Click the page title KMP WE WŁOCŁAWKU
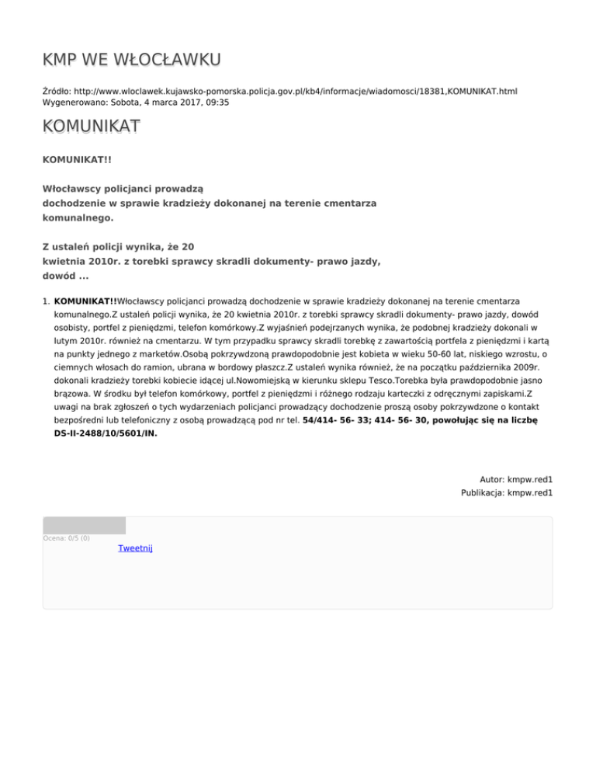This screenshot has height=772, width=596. (132, 60)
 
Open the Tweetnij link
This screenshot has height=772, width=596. (135, 548)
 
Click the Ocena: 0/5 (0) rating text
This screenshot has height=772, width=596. (66, 537)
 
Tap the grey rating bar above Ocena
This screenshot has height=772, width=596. (84, 525)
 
